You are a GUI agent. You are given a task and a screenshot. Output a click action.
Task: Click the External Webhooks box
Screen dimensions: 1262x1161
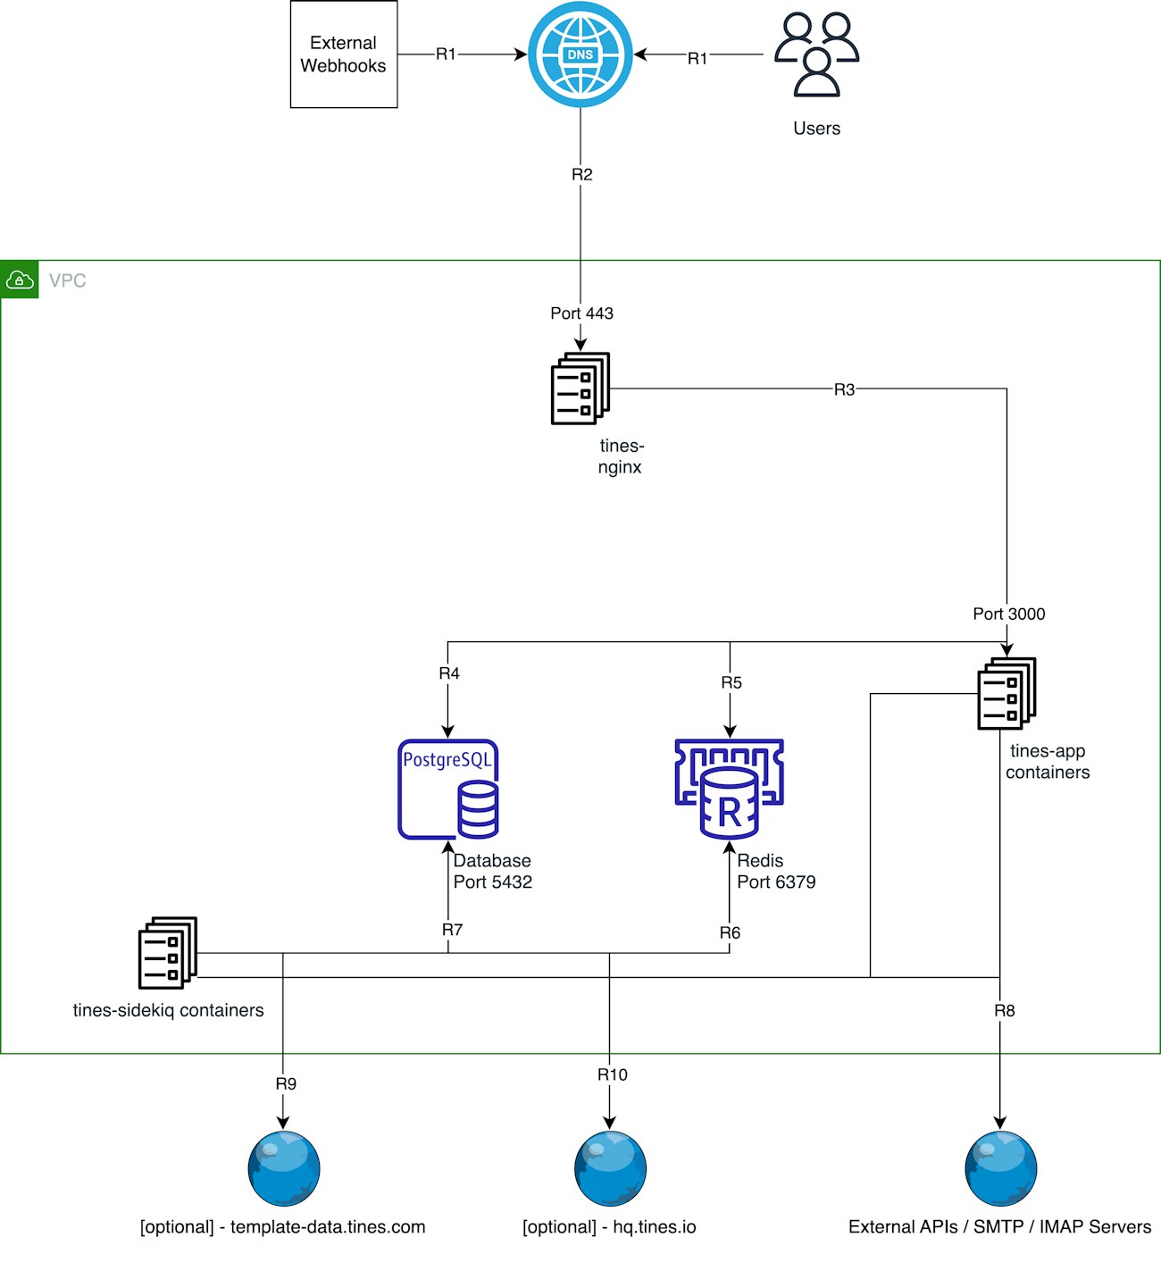click(x=344, y=54)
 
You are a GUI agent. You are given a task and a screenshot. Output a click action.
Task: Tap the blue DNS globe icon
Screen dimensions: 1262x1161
click(x=580, y=54)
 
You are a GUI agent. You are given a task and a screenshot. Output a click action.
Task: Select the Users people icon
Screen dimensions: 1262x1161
click(x=816, y=54)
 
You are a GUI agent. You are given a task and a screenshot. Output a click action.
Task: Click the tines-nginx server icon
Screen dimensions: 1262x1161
click(x=580, y=389)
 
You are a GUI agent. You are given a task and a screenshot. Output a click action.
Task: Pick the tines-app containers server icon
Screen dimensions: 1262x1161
click(x=1007, y=694)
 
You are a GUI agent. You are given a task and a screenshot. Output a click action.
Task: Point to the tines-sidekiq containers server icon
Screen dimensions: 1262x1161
click(x=168, y=953)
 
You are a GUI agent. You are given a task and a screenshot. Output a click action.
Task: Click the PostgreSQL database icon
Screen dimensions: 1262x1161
click(x=448, y=789)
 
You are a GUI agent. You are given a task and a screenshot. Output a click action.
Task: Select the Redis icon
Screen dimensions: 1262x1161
click(x=730, y=789)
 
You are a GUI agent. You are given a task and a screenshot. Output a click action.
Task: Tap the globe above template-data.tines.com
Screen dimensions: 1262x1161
click(x=284, y=1168)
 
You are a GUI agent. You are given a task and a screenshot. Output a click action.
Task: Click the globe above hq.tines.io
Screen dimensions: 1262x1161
click(x=610, y=1168)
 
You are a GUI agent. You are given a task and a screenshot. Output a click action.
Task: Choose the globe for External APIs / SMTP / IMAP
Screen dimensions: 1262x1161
click(x=1000, y=1168)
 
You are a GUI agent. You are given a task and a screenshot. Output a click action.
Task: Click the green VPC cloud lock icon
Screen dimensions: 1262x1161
click(x=20, y=280)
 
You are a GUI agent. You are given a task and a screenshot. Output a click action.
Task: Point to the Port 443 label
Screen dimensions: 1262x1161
click(x=581, y=313)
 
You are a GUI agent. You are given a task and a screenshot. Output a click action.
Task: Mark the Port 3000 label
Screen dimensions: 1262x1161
click(x=1008, y=614)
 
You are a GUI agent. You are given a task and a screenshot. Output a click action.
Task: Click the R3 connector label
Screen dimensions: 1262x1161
click(x=844, y=389)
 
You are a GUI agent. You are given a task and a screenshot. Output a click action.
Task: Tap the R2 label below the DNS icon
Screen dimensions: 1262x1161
click(x=581, y=174)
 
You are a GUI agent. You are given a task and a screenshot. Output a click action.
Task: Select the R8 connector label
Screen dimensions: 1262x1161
click(x=1005, y=1011)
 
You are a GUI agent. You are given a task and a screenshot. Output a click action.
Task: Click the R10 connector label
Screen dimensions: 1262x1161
click(x=613, y=1074)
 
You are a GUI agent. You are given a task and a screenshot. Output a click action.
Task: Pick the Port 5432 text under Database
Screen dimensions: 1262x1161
click(x=493, y=882)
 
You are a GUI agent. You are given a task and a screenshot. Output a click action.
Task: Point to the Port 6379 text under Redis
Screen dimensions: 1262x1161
click(x=776, y=882)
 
